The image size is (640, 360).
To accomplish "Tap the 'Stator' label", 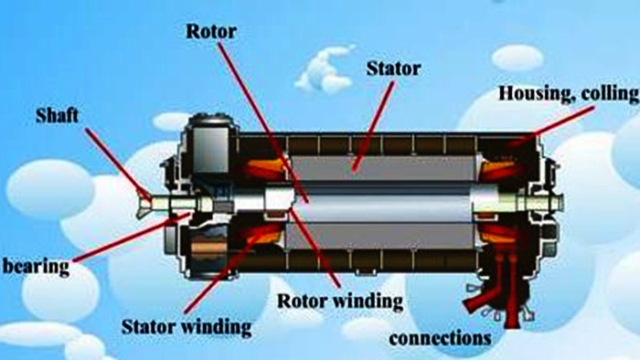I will pos(393,68).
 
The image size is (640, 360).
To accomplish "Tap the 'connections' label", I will pos(442,337).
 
